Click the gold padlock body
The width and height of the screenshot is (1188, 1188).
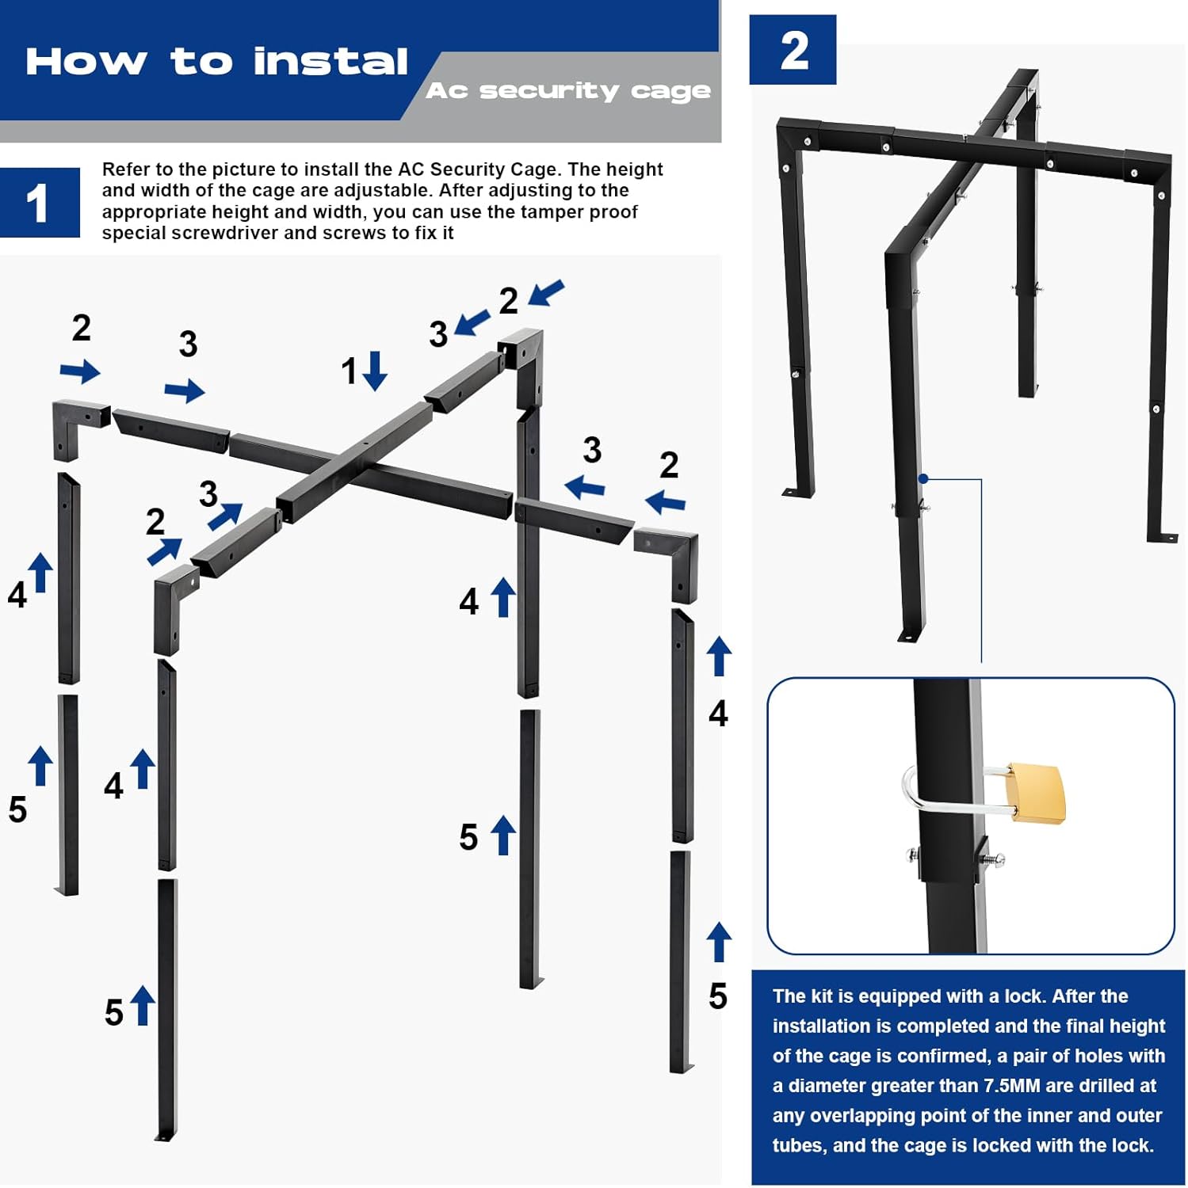pyautogui.click(x=1036, y=793)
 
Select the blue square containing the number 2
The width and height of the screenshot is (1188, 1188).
pyautogui.click(x=793, y=49)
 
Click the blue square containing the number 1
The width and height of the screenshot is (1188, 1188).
pyautogui.click(x=40, y=203)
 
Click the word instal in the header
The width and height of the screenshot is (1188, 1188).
pyautogui.click(x=330, y=62)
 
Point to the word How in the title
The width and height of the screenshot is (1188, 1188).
pyautogui.click(x=86, y=62)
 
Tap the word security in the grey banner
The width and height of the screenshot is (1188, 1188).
pyautogui.click(x=548, y=91)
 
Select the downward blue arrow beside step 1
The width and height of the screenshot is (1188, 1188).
pyautogui.click(x=375, y=371)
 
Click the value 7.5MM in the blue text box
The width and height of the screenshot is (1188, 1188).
pyautogui.click(x=1030, y=1086)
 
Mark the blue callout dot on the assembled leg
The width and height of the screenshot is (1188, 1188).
pyautogui.click(x=923, y=478)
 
